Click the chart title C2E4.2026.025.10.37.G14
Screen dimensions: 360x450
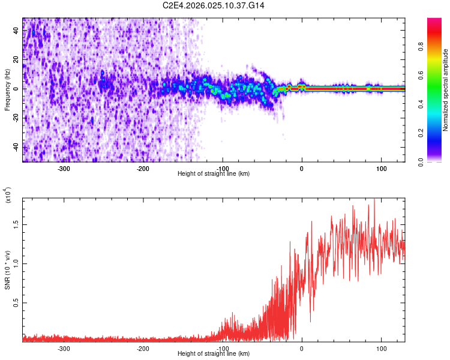(214, 5)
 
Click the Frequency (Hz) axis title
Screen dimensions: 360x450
(7, 89)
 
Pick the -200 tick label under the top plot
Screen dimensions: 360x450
(143, 169)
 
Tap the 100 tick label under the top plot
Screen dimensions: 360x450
(381, 169)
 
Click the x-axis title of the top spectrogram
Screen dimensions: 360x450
(214, 174)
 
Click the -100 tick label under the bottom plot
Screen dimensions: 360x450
(222, 349)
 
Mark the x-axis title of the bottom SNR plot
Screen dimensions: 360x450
(214, 354)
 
